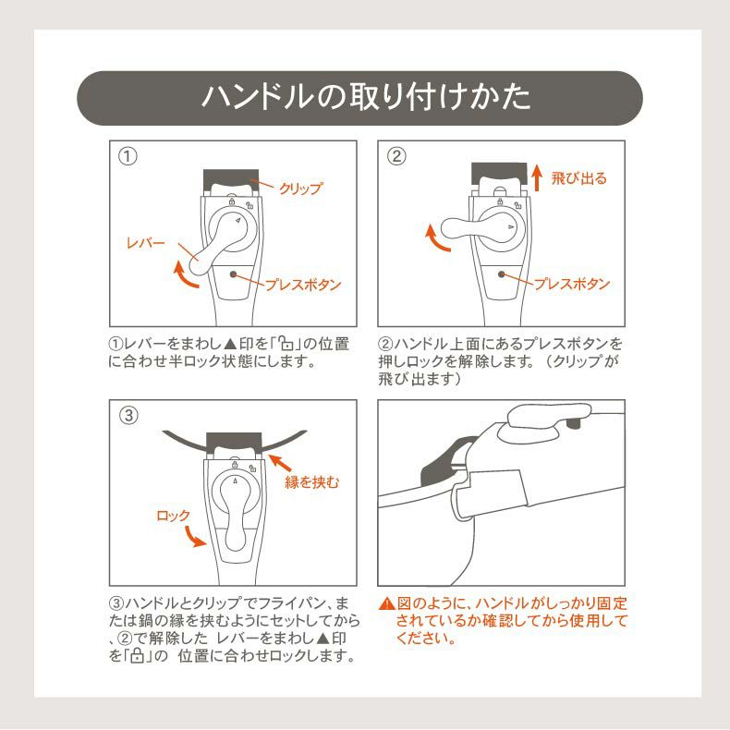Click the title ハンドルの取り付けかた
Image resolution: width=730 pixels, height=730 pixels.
click(365, 98)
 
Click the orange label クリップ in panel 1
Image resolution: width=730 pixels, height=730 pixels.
click(301, 189)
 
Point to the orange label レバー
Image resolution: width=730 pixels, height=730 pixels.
click(145, 243)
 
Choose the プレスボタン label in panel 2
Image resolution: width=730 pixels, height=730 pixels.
click(572, 284)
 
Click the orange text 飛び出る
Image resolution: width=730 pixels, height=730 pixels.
click(579, 178)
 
